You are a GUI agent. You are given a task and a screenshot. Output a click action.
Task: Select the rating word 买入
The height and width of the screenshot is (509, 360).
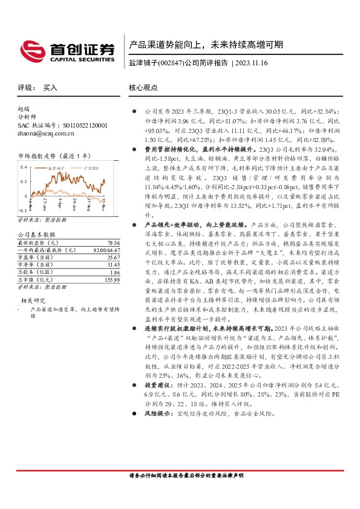50,87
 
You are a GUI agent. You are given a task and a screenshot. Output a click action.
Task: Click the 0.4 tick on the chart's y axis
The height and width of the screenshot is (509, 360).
24,166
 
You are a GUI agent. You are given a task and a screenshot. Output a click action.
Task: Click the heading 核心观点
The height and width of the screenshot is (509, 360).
143,87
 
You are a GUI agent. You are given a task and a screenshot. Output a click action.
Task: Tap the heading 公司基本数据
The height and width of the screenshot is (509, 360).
36,234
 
